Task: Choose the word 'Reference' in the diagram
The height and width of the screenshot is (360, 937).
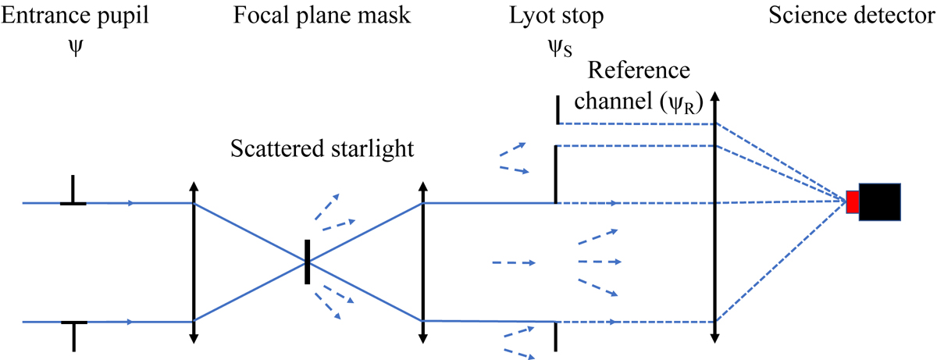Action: tap(638, 72)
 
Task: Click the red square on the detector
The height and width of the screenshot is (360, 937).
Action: tap(852, 202)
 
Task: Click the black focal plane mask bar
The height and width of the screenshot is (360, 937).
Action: tap(308, 262)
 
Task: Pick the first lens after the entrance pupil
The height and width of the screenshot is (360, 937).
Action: tap(194, 262)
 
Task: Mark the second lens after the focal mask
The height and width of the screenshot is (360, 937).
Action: tap(422, 262)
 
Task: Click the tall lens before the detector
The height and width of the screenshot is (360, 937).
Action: tap(714, 219)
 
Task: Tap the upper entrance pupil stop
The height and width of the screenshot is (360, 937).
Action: tap(73, 191)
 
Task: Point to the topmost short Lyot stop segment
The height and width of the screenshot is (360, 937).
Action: tap(558, 110)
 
